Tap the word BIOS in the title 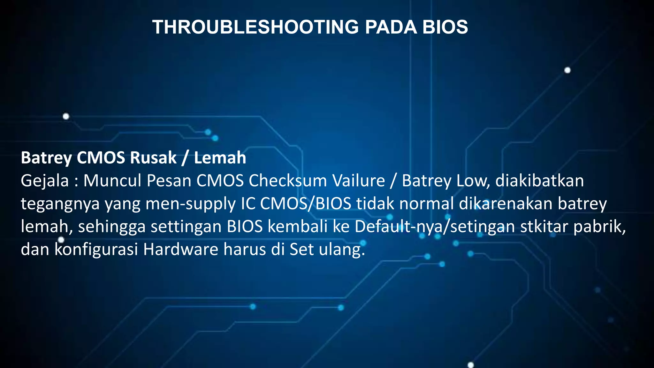[445, 27]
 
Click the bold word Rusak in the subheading [153, 158]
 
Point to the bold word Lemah [220, 158]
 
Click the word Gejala [45, 181]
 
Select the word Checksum [288, 181]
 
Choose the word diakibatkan [539, 181]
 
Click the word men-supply [190, 204]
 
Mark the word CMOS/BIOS [306, 204]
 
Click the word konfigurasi [96, 249]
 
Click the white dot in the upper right [567, 70]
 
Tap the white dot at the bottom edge [471, 365]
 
